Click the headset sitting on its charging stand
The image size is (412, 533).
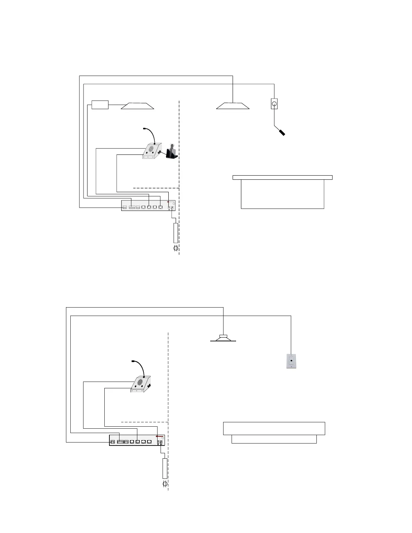pyautogui.click(x=172, y=152)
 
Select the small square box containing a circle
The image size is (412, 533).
pyautogui.click(x=274, y=104)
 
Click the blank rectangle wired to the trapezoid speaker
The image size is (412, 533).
pyautogui.click(x=100, y=105)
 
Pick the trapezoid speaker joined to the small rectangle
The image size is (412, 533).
pyautogui.click(x=137, y=106)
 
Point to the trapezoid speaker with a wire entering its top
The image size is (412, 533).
pyautogui.click(x=233, y=106)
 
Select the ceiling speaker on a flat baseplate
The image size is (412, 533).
pyautogui.click(x=223, y=338)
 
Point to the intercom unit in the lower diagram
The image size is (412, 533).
pyautogui.click(x=141, y=384)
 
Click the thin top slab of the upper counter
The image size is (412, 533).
pyautogui.click(x=282, y=177)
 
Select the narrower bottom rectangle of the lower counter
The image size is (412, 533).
pyautogui.click(x=274, y=439)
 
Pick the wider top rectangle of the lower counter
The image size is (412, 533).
pyautogui.click(x=274, y=428)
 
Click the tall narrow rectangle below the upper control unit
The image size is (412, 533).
pyautogui.click(x=175, y=233)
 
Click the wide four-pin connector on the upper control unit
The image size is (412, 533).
pyautogui.click(x=132, y=207)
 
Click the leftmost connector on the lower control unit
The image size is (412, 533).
pyautogui.click(x=113, y=441)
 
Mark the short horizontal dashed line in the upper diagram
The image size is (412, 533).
pyautogui.click(x=156, y=188)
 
